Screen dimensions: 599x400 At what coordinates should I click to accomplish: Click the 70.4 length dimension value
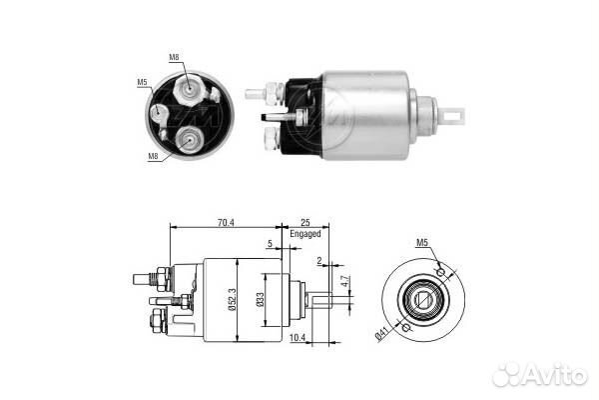[x=226, y=222]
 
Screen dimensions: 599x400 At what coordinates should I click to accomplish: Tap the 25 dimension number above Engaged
[x=305, y=222]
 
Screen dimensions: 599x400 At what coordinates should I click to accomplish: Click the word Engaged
[x=305, y=233]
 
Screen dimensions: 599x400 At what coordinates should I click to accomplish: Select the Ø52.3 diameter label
[x=233, y=300]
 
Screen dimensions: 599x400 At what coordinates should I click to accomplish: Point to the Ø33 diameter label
[x=260, y=300]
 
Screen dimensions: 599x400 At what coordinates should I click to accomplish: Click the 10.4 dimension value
[x=298, y=337]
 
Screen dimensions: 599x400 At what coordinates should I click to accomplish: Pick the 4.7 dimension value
[x=345, y=281]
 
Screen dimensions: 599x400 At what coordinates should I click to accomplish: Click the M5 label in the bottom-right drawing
[x=422, y=242]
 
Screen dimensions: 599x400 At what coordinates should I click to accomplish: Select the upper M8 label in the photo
[x=174, y=57]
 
